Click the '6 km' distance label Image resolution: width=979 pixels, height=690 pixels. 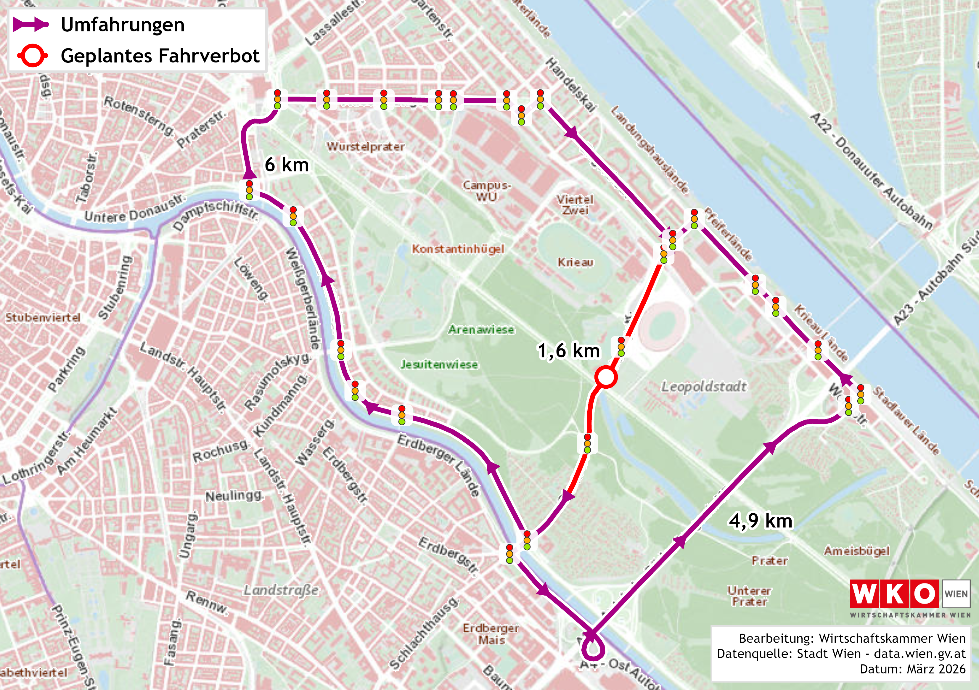click(287, 165)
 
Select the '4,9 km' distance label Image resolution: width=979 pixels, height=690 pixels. click(761, 521)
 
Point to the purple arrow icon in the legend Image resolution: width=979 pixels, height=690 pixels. click(31, 24)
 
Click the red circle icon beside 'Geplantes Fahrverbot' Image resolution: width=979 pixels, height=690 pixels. click(32, 56)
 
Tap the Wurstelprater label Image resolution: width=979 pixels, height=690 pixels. click(365, 147)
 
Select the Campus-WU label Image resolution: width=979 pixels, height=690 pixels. click(486, 191)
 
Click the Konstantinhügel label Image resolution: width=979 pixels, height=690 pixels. click(458, 249)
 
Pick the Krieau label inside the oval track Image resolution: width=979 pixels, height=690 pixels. click(575, 262)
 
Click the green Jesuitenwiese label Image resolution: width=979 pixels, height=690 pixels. click(439, 365)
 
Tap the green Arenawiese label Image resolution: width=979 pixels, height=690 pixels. click(481, 330)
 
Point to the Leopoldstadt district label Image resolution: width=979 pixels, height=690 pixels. click(704, 387)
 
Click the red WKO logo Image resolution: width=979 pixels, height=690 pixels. click(894, 594)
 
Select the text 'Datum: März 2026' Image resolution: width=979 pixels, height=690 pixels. click(912, 669)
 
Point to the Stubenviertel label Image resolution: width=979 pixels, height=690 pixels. click(43, 317)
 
